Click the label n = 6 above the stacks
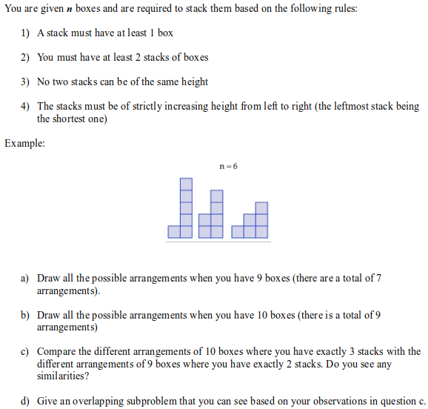click(229, 166)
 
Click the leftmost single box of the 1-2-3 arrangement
click(238, 231)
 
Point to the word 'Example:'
click(24, 143)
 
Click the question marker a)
click(24, 278)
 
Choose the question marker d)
click(24, 401)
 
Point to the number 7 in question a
click(378, 278)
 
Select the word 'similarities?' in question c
click(62, 376)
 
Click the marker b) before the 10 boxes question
click(24, 315)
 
